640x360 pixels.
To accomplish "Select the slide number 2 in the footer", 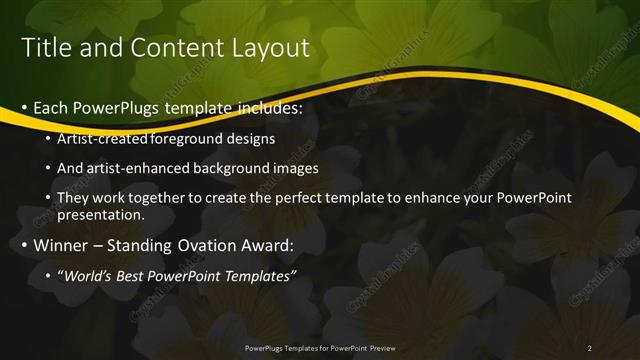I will [x=590, y=348].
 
